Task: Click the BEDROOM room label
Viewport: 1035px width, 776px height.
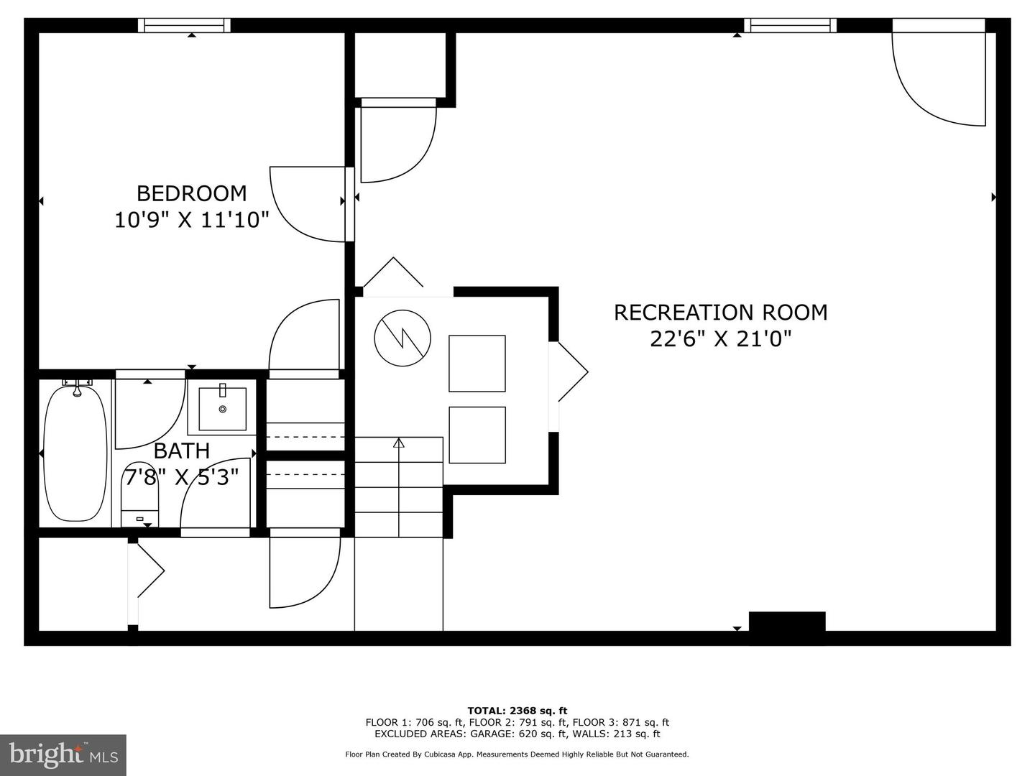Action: click(191, 193)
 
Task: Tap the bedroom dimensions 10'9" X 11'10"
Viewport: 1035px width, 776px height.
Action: click(191, 219)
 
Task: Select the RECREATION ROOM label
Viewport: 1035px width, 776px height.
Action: click(720, 313)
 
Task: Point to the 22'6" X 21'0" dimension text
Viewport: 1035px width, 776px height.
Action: click(720, 338)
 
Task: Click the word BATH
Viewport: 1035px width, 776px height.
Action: click(182, 451)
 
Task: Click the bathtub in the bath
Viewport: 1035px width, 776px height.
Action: click(75, 453)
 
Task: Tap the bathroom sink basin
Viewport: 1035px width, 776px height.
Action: click(222, 409)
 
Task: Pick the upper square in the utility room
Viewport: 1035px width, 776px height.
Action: click(477, 364)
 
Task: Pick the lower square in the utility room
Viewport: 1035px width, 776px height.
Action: click(477, 435)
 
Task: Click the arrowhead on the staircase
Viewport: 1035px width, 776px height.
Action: click(399, 443)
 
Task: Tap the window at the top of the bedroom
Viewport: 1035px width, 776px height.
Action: click(185, 25)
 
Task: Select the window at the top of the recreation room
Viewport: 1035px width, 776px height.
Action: click(790, 25)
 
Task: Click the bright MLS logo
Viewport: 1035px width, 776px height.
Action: click(63, 754)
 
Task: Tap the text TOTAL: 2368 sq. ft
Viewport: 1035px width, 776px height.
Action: click(517, 711)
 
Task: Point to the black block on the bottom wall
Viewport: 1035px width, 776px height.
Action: click(787, 622)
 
